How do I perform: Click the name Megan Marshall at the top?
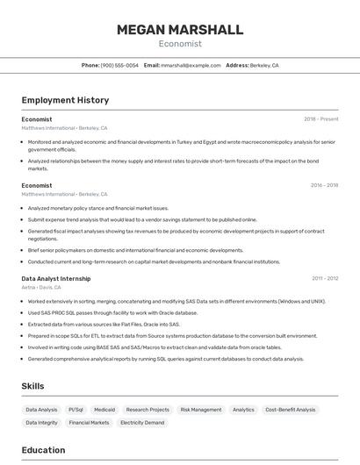(x=180, y=30)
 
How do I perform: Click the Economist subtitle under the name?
(x=180, y=44)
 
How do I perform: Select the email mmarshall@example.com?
(x=191, y=65)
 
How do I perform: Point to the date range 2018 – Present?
(x=321, y=119)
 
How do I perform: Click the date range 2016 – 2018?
(x=324, y=186)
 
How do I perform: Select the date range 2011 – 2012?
(x=325, y=278)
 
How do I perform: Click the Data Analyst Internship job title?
(x=56, y=278)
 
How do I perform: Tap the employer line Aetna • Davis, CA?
(x=41, y=287)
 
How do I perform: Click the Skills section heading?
(x=33, y=386)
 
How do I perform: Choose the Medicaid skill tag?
(x=104, y=410)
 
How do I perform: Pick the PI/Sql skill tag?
(x=76, y=410)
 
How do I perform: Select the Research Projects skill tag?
(x=148, y=410)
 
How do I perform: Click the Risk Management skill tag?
(x=201, y=410)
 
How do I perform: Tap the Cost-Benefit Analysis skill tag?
(x=291, y=410)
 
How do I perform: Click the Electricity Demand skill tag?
(x=142, y=423)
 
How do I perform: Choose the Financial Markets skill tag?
(x=89, y=423)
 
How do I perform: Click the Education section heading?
(x=43, y=450)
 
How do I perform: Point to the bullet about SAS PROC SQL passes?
(x=112, y=312)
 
